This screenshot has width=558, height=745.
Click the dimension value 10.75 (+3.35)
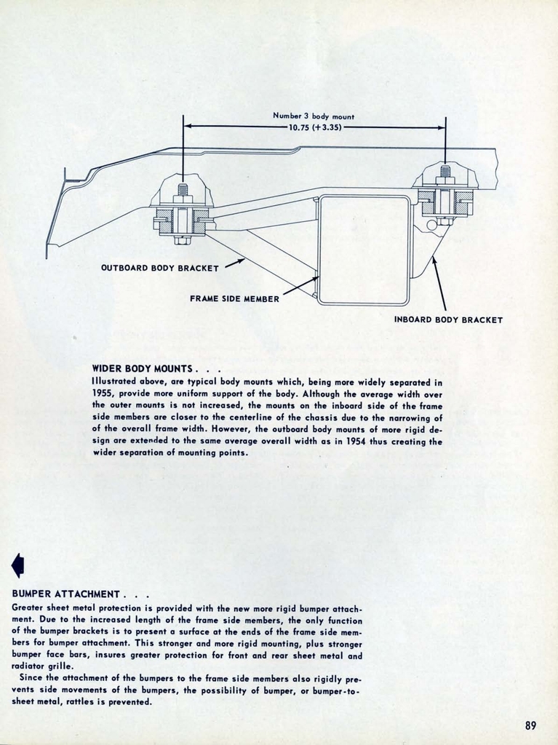click(x=315, y=127)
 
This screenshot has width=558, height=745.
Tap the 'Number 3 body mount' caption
click(x=314, y=116)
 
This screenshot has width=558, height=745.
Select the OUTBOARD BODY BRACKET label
click(x=159, y=268)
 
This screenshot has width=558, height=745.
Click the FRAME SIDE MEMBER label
click(x=234, y=298)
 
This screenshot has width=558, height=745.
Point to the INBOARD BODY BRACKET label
click(x=448, y=319)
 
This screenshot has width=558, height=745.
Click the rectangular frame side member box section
click(x=364, y=250)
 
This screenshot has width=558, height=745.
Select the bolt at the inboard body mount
click(x=445, y=195)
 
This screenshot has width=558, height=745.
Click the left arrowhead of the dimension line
click(x=187, y=126)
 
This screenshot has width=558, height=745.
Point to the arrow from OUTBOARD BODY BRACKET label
click(x=234, y=263)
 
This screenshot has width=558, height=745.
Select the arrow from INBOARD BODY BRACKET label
click(x=439, y=284)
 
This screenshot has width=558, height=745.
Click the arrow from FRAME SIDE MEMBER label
click(x=299, y=286)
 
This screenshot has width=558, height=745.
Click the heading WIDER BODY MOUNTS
click(x=142, y=368)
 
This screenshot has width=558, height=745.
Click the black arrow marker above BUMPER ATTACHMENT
click(x=18, y=565)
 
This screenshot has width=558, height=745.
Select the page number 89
click(x=530, y=725)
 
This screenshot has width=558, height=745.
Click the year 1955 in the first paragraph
click(x=103, y=393)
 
